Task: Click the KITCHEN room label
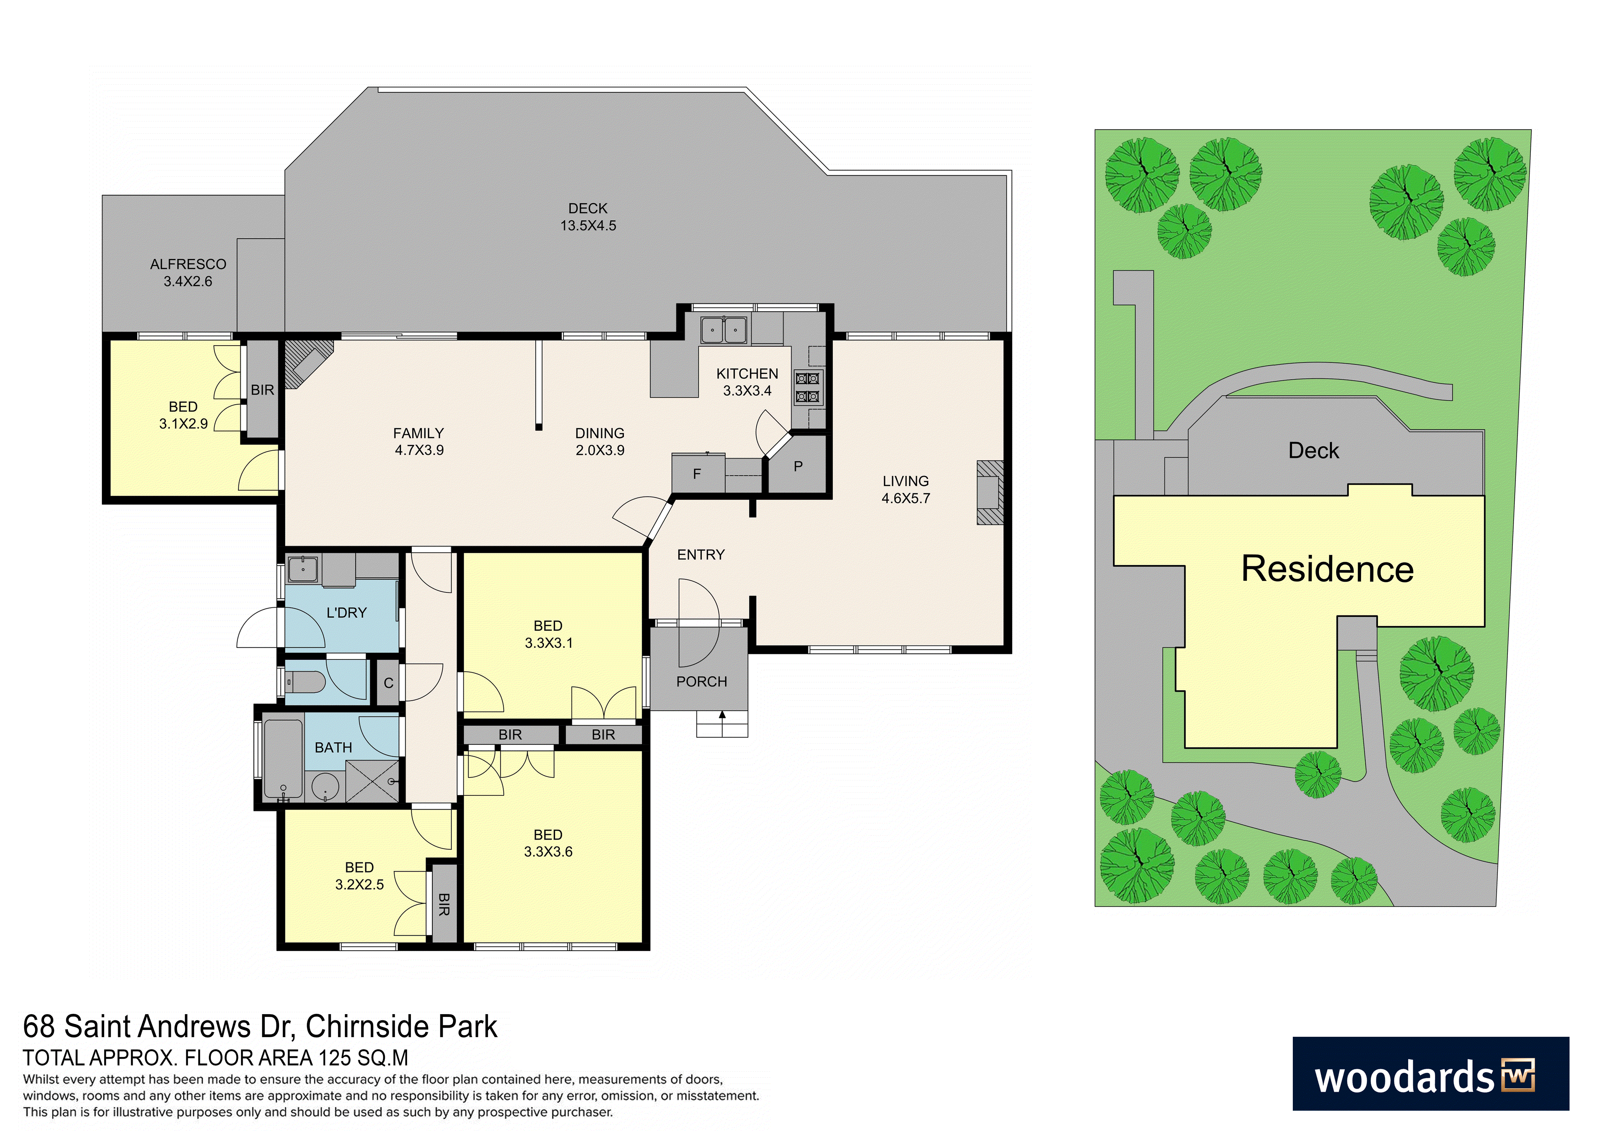(747, 374)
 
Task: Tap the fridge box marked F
(697, 474)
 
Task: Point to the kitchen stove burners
(807, 388)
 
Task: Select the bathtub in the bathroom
(283, 759)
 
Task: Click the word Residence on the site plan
(1327, 569)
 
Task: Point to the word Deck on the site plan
(1313, 450)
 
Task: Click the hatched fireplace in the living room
(990, 492)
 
